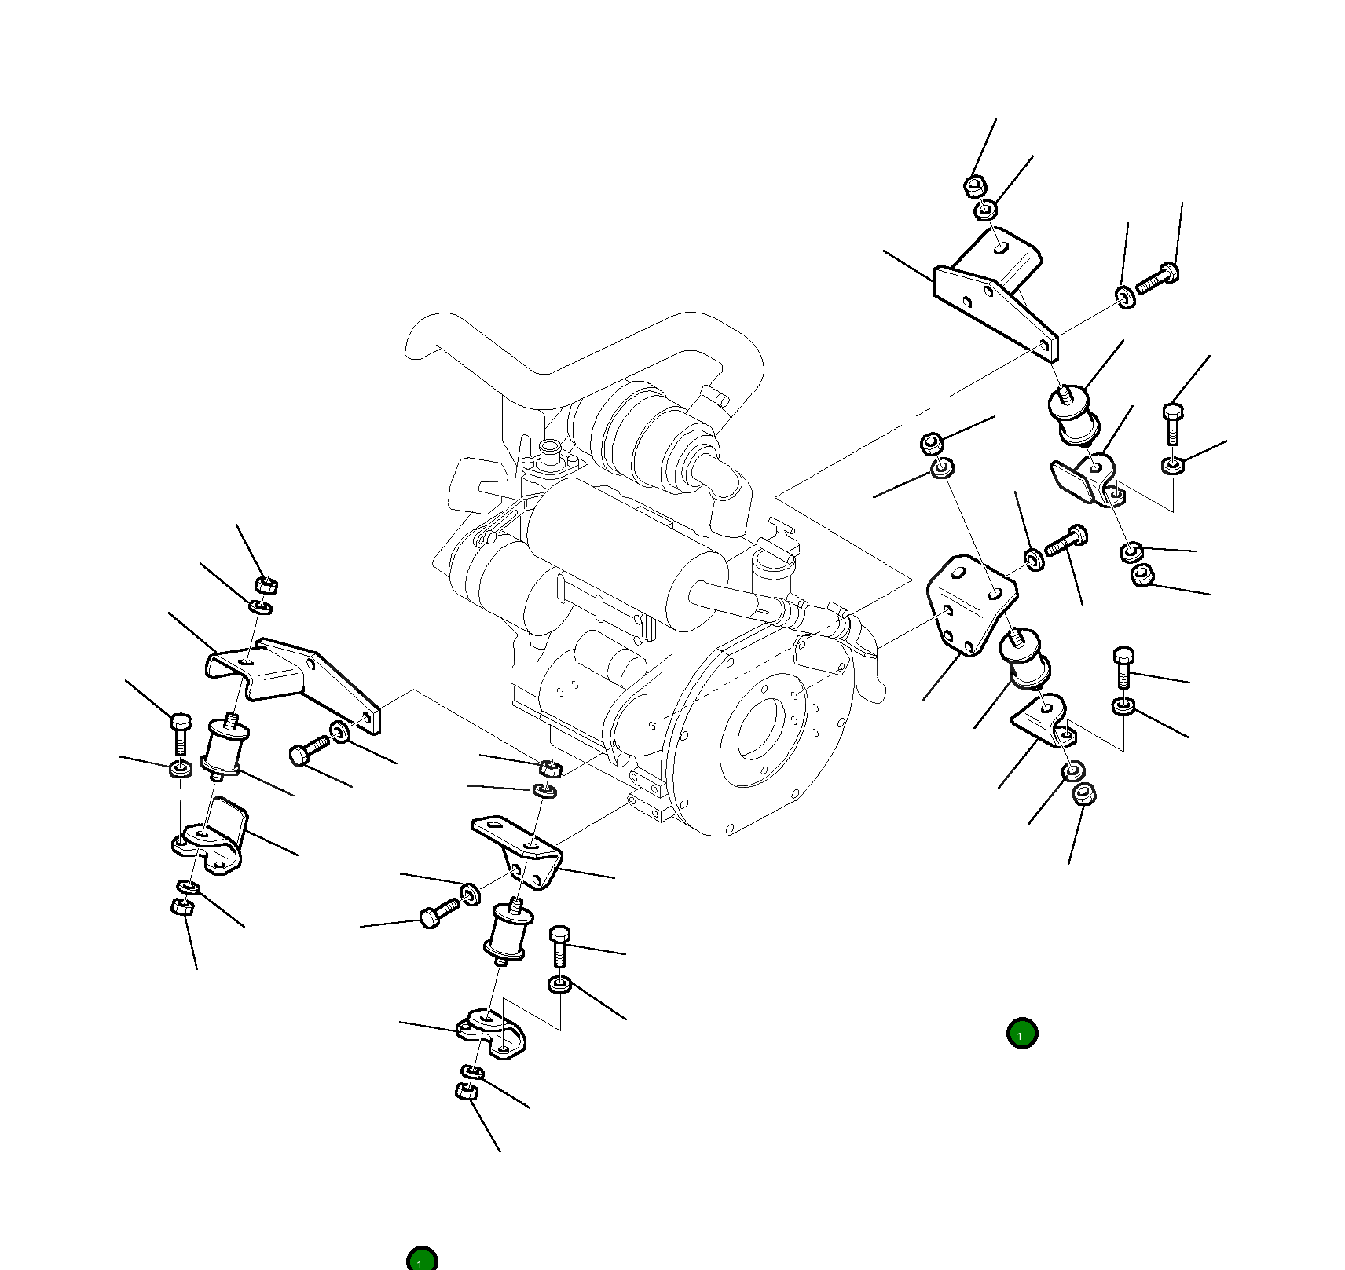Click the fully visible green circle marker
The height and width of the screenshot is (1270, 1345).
[1021, 1033]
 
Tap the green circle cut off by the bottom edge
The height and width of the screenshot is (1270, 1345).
[422, 1260]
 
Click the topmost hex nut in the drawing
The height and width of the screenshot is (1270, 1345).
[974, 186]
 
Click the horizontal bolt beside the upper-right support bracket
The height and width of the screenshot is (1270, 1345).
[1157, 279]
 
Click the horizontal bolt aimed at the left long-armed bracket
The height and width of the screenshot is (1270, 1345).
[310, 750]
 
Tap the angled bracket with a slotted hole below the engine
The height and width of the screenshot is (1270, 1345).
[519, 848]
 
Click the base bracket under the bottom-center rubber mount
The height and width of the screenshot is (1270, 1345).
[491, 1033]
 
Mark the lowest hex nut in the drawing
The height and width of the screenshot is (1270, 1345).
[466, 1092]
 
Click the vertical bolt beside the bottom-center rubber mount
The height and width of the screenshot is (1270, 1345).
[559, 946]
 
